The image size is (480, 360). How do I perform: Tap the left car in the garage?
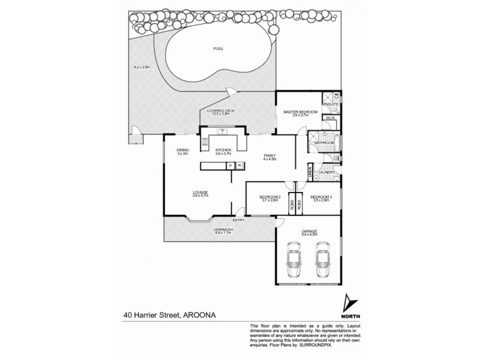tap(294, 257)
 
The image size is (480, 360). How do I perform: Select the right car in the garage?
tap(323, 257)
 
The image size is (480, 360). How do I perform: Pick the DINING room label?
tap(182, 151)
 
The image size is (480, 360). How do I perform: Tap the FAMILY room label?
tap(268, 156)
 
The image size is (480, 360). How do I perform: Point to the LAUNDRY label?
tap(327, 172)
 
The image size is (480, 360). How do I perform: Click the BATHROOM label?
tap(324, 142)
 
